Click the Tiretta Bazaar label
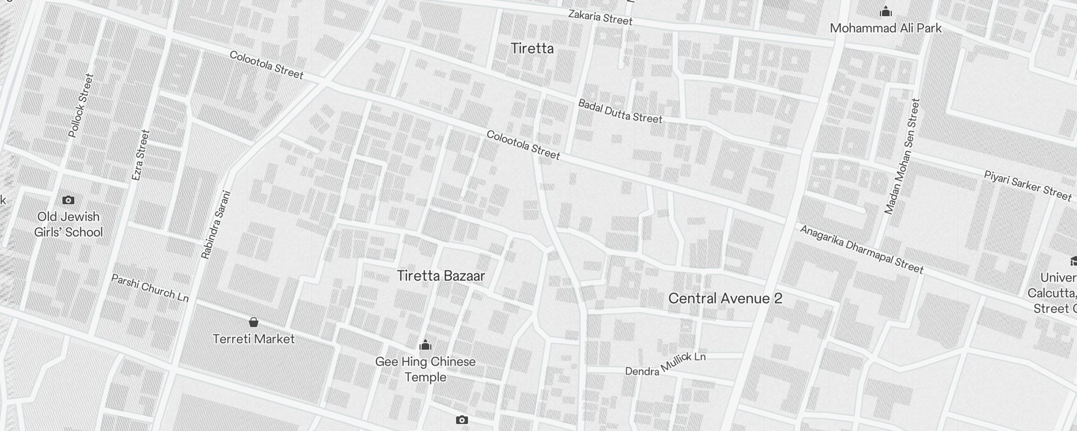tap(441, 276)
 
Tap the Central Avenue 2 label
tap(725, 299)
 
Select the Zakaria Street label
tap(600, 18)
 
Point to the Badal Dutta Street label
tap(620, 111)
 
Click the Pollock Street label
tap(81, 105)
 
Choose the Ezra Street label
tap(140, 155)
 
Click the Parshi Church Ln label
tap(150, 288)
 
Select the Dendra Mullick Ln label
tap(665, 364)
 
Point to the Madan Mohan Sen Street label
tap(901, 156)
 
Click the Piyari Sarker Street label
tap(1027, 185)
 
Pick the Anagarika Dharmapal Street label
tap(862, 249)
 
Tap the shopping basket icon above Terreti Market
tap(254, 322)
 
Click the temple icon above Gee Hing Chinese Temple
tap(425, 344)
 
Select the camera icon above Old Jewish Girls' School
tap(68, 200)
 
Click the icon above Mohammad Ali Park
tap(885, 11)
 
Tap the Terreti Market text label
tap(254, 339)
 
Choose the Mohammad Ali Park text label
tap(885, 29)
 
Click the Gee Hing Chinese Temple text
tap(425, 369)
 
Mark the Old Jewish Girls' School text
tap(68, 225)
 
